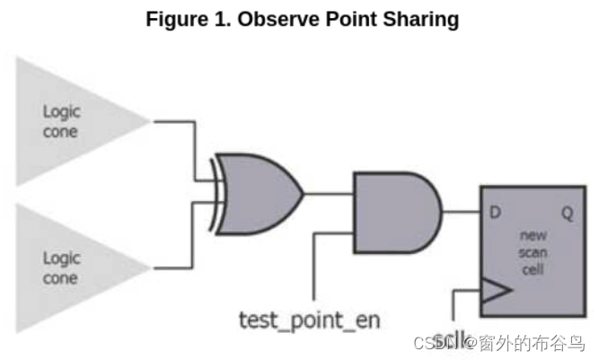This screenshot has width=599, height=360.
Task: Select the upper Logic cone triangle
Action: (x=72, y=120)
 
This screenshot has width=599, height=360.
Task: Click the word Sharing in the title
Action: (x=424, y=20)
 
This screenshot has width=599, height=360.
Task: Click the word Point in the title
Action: (x=351, y=20)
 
